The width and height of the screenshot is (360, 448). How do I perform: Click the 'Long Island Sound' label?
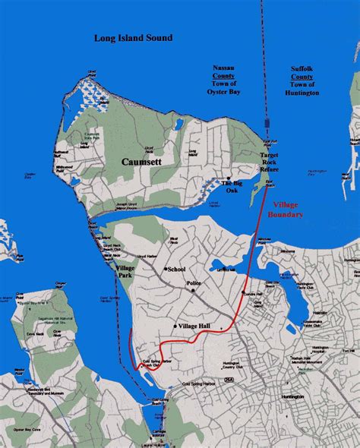[x=133, y=37]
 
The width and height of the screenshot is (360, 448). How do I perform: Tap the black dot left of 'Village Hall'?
[x=175, y=326]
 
